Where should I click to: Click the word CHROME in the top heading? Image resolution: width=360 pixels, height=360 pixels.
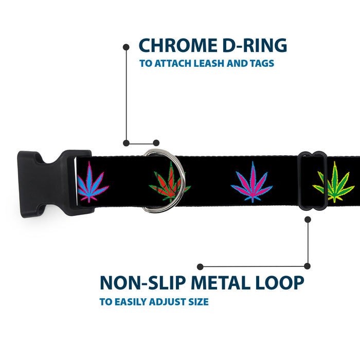click(178, 45)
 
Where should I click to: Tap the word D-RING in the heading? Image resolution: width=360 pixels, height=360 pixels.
click(255, 45)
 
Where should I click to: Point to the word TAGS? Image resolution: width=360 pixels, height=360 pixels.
click(262, 63)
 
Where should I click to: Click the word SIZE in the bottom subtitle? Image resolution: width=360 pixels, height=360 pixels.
click(199, 302)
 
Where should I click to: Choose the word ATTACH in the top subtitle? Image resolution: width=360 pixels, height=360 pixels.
click(173, 63)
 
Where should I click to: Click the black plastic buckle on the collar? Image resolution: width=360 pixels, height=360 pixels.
click(55, 184)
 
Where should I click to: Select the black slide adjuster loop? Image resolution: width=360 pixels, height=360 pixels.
click(313, 181)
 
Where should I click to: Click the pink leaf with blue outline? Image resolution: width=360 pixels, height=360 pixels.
click(252, 182)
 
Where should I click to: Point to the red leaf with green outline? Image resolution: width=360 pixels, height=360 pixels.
click(170, 182)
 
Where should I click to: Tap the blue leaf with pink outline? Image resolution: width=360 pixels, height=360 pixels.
click(92, 182)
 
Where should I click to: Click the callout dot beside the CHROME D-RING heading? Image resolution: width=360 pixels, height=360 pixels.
click(126, 47)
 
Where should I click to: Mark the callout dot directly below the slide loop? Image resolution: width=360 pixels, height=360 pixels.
click(308, 220)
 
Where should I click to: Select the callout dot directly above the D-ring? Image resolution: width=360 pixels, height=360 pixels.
click(156, 143)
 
